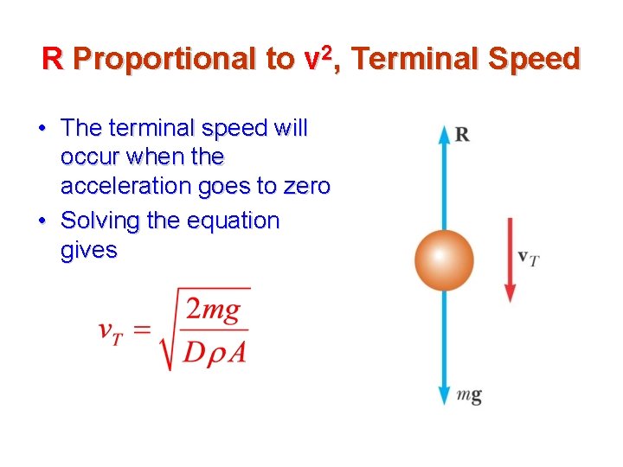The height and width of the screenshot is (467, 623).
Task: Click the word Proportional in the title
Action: [x=169, y=59]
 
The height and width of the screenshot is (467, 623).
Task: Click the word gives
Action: [x=88, y=250]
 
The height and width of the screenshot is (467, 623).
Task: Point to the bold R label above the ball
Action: [x=462, y=134]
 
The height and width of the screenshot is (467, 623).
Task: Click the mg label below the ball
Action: [x=469, y=395]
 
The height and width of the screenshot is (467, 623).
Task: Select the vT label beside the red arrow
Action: [x=528, y=257]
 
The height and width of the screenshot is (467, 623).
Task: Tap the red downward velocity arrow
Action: [x=511, y=259]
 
